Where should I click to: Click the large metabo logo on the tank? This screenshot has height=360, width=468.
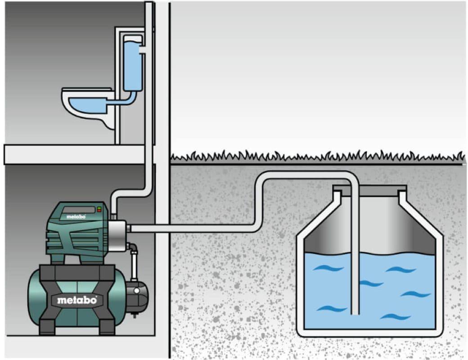(77, 300)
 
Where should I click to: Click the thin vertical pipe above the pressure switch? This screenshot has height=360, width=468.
(134, 265)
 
